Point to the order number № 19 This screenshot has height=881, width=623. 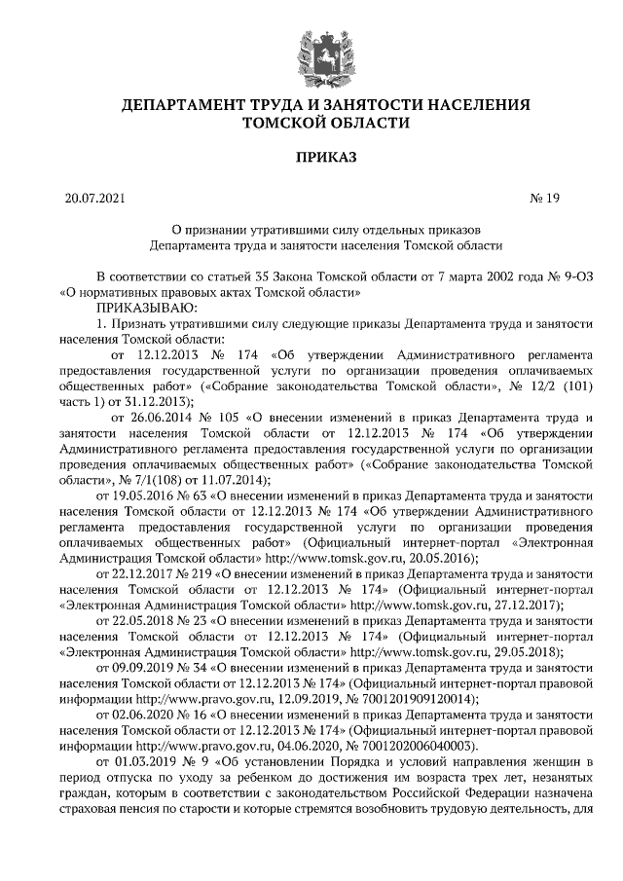(x=545, y=200)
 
